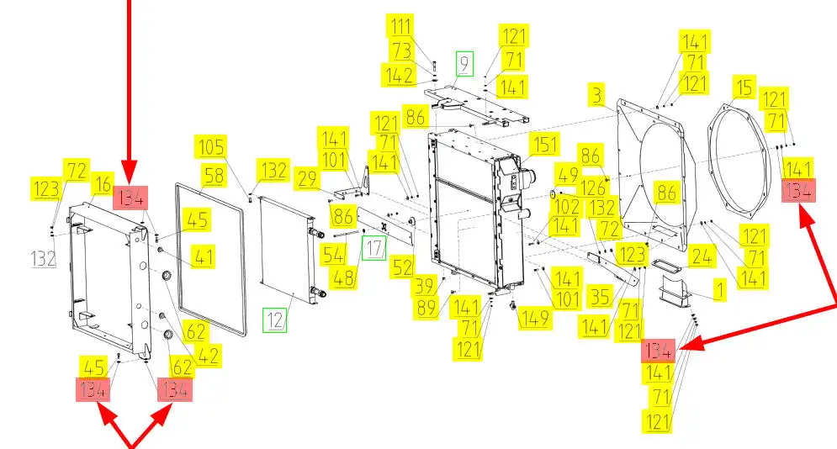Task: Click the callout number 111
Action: click(x=400, y=25)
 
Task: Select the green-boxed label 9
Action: click(x=464, y=63)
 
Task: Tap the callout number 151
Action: click(x=544, y=145)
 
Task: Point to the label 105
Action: click(x=211, y=146)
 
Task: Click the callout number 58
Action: click(x=214, y=176)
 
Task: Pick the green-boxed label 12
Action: click(x=275, y=320)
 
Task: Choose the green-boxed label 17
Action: click(x=374, y=248)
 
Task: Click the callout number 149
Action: click(x=534, y=318)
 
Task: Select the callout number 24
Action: click(x=701, y=256)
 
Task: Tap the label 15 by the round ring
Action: click(x=744, y=87)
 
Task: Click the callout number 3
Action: click(x=596, y=95)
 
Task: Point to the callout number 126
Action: click(x=593, y=188)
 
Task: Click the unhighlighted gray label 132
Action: click(x=44, y=259)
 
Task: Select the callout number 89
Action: click(x=426, y=309)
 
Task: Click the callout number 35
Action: click(x=600, y=297)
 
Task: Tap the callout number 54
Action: click(x=334, y=255)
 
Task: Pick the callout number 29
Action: click(x=307, y=178)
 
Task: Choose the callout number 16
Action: click(x=103, y=184)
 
